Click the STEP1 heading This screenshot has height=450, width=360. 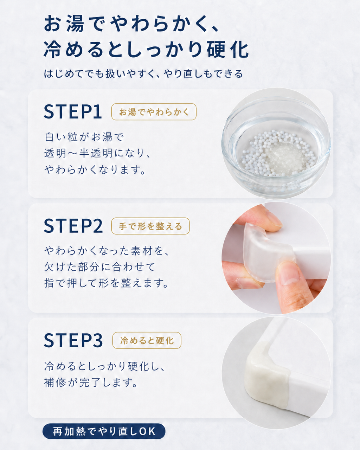point(73,112)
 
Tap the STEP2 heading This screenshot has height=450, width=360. point(73,226)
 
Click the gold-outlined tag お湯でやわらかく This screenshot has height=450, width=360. point(154,112)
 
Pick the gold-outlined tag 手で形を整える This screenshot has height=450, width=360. point(150,226)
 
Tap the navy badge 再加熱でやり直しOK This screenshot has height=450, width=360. point(104,431)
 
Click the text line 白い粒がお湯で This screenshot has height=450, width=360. point(84,137)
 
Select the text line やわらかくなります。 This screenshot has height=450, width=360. point(95,169)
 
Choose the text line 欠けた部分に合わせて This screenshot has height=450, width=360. point(100,267)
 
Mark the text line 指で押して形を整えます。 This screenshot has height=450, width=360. point(106,283)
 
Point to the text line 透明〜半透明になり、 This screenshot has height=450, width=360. point(97,153)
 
